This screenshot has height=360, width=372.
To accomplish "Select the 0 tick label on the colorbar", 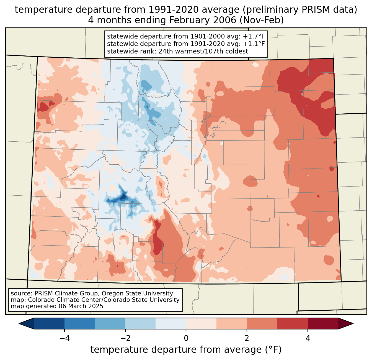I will tap(186, 338).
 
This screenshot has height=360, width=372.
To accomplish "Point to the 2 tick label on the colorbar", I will tap(247, 338).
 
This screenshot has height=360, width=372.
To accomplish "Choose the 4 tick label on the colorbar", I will tap(308, 338).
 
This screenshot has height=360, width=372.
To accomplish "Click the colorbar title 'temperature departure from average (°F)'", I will tap(186, 349).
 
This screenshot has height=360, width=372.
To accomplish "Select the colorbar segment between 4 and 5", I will tap(323, 323).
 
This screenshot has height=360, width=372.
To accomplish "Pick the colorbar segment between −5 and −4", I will tap(49, 323).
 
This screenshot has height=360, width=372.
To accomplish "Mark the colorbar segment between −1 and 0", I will tap(171, 323).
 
